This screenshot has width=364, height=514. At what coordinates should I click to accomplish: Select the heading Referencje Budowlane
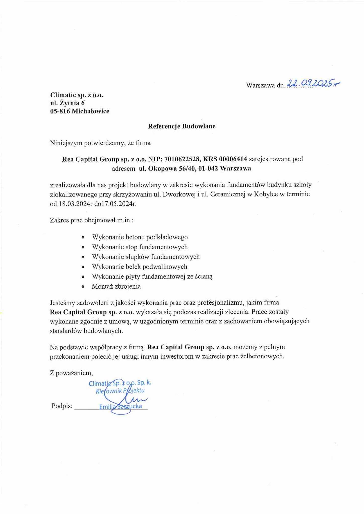[x=181, y=126]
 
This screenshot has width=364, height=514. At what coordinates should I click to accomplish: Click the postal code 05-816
[x=60, y=111]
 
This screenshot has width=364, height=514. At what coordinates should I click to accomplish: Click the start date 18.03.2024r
[x=74, y=204]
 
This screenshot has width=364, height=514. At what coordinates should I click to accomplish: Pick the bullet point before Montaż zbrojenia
[x=83, y=287]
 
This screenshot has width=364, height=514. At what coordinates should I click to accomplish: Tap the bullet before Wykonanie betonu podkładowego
[x=83, y=237]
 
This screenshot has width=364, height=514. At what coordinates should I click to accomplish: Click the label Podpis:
[x=62, y=406]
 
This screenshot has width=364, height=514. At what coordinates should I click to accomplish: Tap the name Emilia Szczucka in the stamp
[x=120, y=407]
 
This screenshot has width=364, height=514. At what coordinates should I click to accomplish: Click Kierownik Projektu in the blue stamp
[x=120, y=391]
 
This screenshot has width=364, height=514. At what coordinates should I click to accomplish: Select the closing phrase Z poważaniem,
[x=71, y=373]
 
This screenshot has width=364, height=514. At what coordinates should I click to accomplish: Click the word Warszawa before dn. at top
[x=260, y=85]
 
